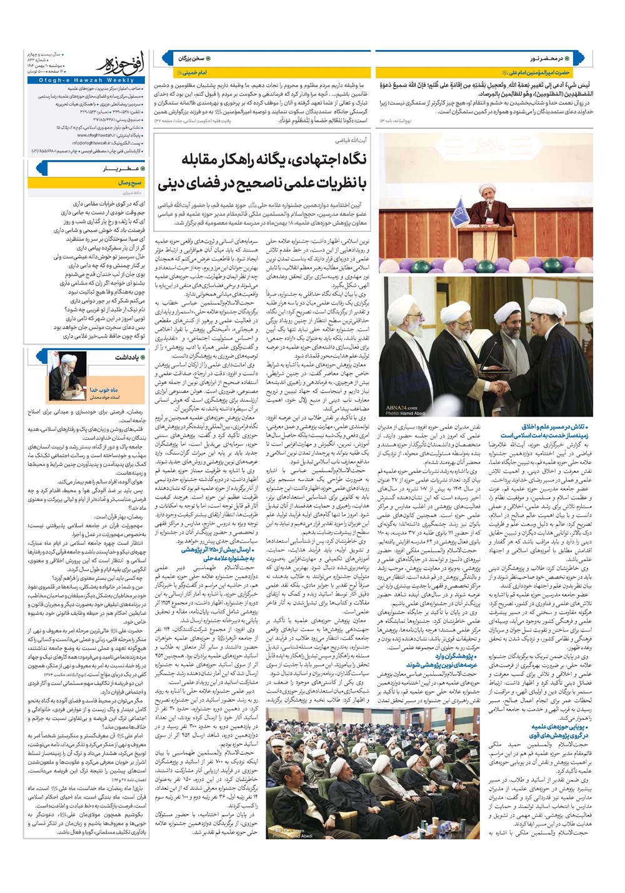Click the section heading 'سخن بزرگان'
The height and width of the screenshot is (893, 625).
pos(191,58)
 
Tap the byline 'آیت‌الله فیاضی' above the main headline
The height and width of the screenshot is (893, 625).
pos(359,142)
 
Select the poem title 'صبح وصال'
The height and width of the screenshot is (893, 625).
pos(129,183)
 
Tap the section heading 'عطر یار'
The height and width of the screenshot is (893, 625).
pos(116,169)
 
